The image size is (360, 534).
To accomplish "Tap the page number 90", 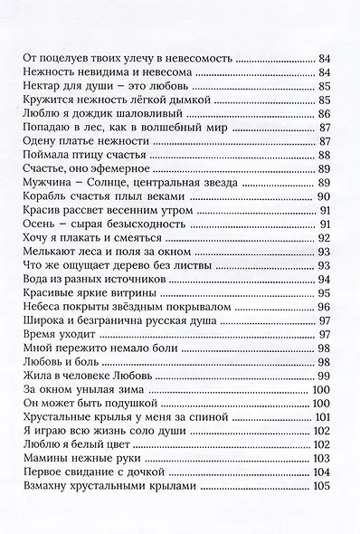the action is click(327, 195).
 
